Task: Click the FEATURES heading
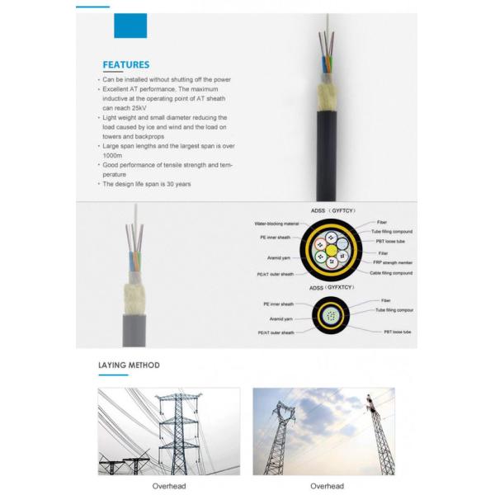tap(125, 64)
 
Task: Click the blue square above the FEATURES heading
tap(130, 26)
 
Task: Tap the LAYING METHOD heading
tap(129, 365)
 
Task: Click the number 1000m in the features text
tap(111, 154)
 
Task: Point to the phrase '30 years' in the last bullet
tap(175, 184)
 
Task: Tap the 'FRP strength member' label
tap(394, 262)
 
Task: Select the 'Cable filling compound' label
tap(391, 273)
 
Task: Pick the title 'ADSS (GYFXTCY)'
tap(330, 289)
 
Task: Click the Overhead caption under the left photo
tap(168, 486)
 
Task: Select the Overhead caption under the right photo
tap(327, 486)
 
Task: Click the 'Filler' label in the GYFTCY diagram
tap(384, 252)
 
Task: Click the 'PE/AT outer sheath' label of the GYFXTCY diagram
tap(276, 332)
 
